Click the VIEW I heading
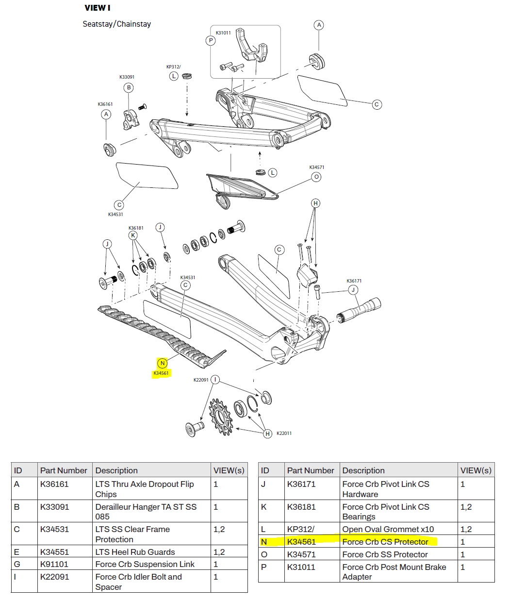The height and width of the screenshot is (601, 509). pos(97,8)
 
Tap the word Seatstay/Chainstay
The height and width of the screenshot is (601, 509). pos(116,24)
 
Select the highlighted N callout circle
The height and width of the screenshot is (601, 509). pos(163,363)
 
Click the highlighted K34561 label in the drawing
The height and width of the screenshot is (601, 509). pos(161,373)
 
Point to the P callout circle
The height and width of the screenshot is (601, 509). pos(211,41)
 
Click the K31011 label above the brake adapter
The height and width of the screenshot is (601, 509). pos(223,33)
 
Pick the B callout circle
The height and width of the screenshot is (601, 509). pos(129,88)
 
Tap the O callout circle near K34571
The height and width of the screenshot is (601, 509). pos(316,177)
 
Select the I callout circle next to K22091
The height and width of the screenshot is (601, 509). pos(215,380)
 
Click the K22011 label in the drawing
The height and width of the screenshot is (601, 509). pos(284,433)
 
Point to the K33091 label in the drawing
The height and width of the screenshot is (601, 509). pos(127,77)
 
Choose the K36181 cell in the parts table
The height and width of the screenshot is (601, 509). pos(301,507)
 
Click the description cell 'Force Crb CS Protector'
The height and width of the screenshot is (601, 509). pos(385,542)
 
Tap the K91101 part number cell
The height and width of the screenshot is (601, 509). pos(54,564)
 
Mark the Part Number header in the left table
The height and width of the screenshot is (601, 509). pos(64,470)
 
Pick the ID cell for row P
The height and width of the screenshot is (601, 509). pos(264,567)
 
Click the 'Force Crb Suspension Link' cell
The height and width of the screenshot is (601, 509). pos(145,564)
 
